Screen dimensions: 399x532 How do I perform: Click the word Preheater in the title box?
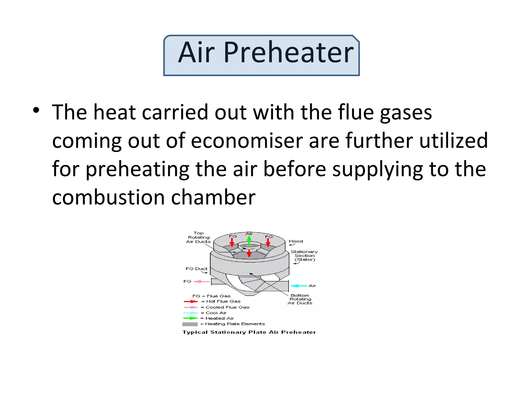tap(288, 53)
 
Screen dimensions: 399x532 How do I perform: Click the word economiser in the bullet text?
tap(247, 141)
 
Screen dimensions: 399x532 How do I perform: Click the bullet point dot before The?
tap(36, 110)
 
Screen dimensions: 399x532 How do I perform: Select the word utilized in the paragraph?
tap(454, 141)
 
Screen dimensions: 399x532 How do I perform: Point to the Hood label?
tap(296, 241)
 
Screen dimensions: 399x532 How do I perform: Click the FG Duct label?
tap(196, 269)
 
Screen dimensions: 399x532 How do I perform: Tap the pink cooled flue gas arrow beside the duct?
tap(202, 282)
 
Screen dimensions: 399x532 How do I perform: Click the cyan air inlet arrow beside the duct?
tap(299, 286)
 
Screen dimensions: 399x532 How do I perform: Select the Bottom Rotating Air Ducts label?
tap(300, 299)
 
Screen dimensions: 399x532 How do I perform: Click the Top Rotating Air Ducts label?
tap(198, 237)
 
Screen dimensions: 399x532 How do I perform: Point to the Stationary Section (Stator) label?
tap(304, 256)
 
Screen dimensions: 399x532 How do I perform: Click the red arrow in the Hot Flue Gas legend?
tap(191, 302)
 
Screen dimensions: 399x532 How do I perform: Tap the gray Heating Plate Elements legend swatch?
tap(190, 324)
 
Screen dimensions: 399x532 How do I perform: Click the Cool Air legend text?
tap(216, 313)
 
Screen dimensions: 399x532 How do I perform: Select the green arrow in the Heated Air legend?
tap(191, 318)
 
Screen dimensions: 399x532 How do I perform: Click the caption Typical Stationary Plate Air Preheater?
tap(249, 332)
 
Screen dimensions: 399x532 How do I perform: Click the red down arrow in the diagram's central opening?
tap(249, 254)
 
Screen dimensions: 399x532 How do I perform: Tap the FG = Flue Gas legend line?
tap(211, 296)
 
